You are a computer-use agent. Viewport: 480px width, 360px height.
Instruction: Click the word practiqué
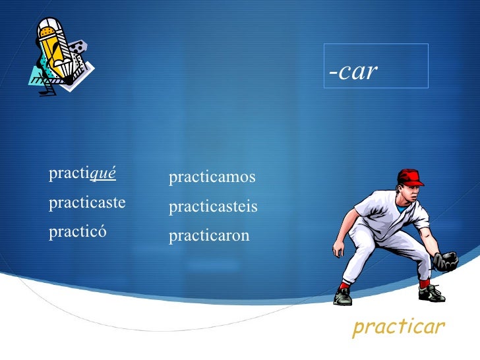point(82,174)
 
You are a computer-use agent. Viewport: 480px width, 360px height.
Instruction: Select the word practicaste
point(87,203)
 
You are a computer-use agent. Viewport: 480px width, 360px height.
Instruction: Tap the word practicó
point(77,232)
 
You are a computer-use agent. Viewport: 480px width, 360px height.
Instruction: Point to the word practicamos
point(212,177)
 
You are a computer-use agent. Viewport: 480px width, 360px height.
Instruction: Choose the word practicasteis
point(213,207)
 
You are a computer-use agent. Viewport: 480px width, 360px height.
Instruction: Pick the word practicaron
point(209,235)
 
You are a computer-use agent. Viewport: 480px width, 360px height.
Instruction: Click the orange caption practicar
point(399,326)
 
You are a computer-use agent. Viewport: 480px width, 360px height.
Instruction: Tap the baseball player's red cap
point(411,177)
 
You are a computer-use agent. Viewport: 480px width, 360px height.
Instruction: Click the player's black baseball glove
point(446,261)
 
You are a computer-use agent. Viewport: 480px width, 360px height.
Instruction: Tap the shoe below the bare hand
point(343,297)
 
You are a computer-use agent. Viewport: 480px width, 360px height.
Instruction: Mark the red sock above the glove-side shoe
point(424,283)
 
